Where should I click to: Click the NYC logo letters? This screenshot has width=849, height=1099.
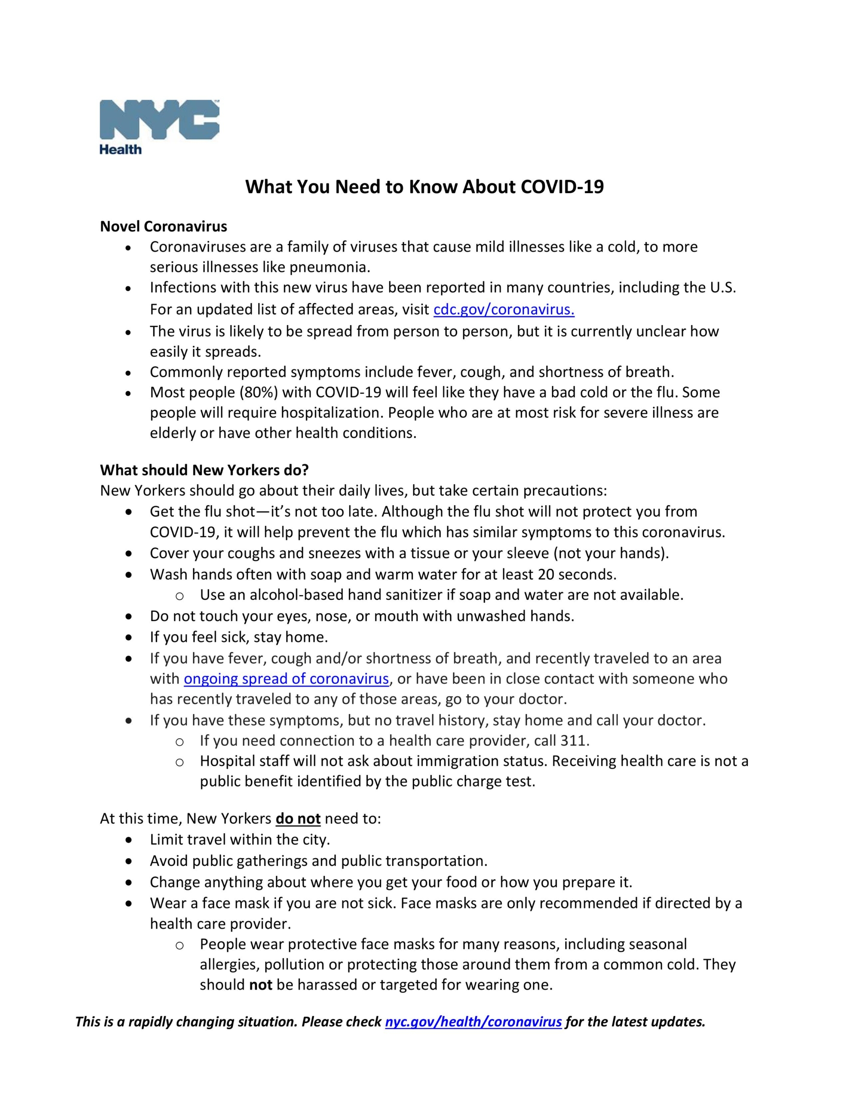tap(159, 119)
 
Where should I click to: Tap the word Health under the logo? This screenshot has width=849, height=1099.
tap(120, 149)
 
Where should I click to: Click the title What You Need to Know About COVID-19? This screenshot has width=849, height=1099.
tap(424, 187)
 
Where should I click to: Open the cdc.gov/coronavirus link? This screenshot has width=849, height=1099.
tap(504, 310)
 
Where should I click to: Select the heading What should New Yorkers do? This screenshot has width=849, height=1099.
tap(204, 470)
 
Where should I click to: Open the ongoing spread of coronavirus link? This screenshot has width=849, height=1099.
tap(286, 679)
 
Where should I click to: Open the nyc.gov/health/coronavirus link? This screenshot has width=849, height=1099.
tap(473, 1022)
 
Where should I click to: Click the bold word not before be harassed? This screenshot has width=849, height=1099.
tap(261, 985)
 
